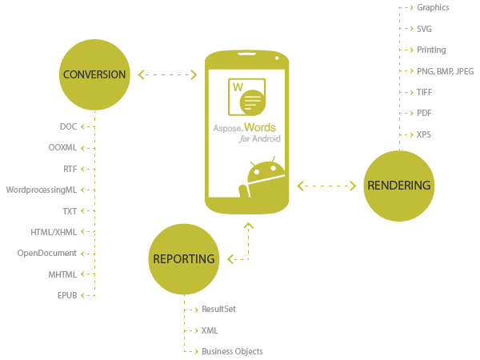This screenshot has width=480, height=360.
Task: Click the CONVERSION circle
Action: click(94, 74)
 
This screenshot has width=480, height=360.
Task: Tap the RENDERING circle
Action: click(399, 186)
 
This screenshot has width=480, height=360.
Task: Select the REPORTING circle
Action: click(184, 259)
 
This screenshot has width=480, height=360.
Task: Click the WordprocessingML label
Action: click(42, 190)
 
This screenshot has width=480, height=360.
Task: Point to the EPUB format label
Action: click(67, 295)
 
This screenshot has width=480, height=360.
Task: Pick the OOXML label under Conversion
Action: click(62, 147)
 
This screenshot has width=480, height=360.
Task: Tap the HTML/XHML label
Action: click(54, 232)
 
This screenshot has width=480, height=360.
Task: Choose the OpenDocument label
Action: click(47, 253)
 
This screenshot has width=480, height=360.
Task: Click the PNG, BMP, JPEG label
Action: click(446, 71)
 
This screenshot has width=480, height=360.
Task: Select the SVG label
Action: click(424, 29)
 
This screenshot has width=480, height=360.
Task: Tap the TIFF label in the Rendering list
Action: click(424, 92)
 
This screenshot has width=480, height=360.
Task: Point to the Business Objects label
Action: click(232, 351)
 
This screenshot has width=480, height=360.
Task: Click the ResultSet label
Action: click(219, 309)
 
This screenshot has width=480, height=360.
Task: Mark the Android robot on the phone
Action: click(262, 177)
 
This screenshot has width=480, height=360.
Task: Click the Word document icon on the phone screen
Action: click(246, 97)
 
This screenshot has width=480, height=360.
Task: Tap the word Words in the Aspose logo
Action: click(260, 127)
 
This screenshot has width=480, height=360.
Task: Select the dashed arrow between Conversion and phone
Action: click(167, 74)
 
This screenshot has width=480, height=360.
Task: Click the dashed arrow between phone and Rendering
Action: click(326, 186)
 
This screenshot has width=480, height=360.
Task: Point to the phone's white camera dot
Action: click(277, 58)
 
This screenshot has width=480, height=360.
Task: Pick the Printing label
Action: click(431, 50)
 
